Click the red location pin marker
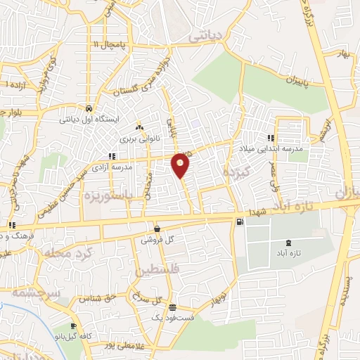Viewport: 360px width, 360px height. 181,165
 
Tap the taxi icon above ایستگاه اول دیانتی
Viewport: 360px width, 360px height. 89,109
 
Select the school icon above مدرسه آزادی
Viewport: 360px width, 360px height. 110,156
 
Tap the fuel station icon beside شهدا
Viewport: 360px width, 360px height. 240,222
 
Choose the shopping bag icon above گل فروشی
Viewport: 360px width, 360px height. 156,229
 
